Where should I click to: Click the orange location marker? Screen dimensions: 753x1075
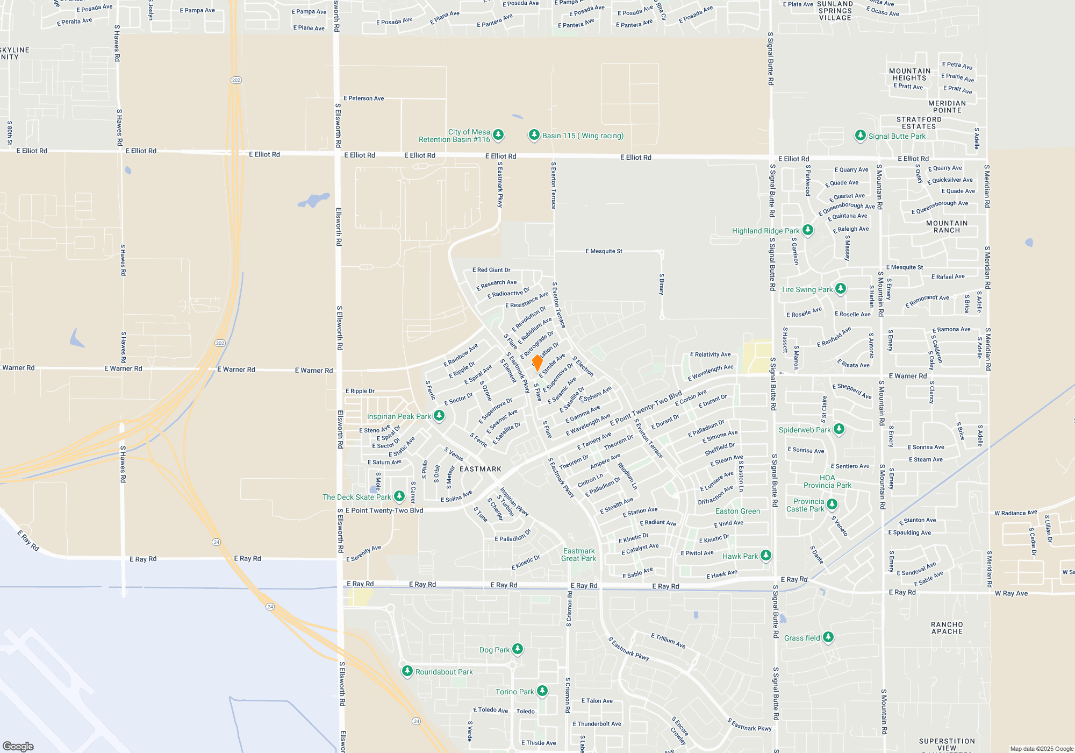tap(537, 363)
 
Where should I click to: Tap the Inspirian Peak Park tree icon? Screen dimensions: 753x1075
tap(439, 416)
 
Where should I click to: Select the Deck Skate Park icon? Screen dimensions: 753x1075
tap(399, 496)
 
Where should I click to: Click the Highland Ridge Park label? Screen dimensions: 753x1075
tap(765, 231)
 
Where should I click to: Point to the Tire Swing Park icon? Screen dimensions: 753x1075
tap(841, 289)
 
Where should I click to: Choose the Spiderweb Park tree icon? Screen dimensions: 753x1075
tap(839, 429)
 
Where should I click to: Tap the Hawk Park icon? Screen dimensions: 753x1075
tap(766, 556)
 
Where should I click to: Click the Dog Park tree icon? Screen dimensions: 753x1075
tap(517, 649)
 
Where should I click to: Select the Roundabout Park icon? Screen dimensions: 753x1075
tap(407, 671)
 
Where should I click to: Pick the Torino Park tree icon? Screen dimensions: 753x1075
tap(542, 691)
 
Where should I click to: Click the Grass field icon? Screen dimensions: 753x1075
tap(828, 637)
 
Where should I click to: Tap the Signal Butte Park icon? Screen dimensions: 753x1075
tap(861, 136)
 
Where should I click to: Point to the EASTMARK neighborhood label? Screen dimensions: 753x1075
tap(481, 469)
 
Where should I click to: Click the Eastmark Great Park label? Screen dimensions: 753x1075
tap(578, 555)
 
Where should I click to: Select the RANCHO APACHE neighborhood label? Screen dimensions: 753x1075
tap(947, 628)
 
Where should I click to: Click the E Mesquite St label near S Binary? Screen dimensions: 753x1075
tap(604, 251)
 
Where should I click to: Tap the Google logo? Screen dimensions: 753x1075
tap(18, 746)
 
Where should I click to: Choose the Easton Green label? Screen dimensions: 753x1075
tap(737, 511)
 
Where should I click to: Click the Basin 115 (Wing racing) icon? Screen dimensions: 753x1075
tap(534, 135)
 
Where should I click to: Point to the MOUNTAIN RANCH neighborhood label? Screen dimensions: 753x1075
tap(947, 226)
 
